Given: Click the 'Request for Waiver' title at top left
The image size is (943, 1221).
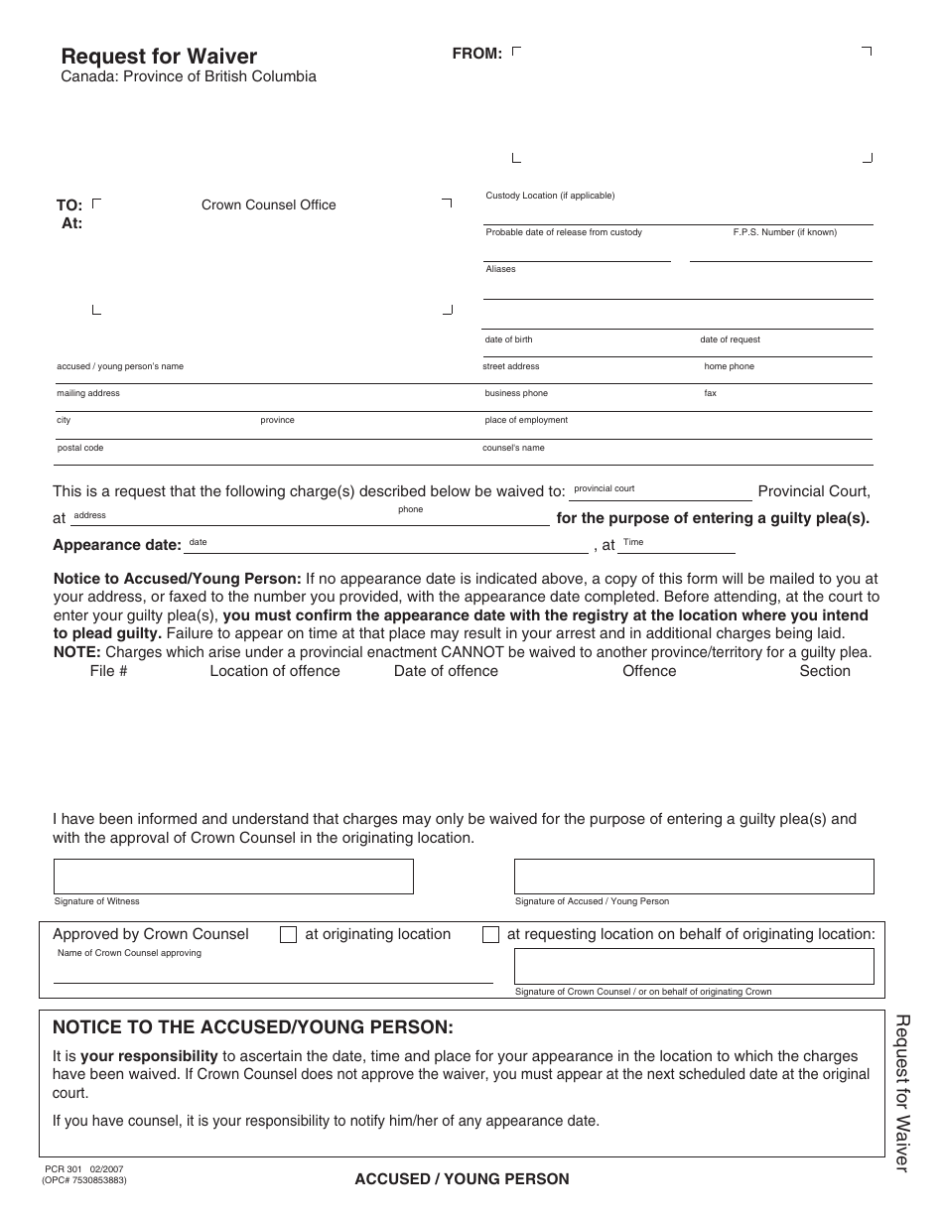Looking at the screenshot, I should (159, 57).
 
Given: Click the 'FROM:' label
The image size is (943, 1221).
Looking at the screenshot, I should (477, 54).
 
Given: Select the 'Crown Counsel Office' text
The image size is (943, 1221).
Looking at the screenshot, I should (269, 205).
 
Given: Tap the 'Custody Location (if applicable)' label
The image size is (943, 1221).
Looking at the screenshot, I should (550, 196).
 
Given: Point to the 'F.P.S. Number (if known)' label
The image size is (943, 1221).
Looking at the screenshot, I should (784, 232).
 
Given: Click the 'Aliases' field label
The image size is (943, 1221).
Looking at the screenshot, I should (500, 269).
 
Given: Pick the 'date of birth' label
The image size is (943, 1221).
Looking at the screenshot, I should (508, 339).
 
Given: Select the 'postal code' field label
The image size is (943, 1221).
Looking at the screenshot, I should (80, 448).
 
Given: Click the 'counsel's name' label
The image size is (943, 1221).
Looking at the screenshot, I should (513, 448).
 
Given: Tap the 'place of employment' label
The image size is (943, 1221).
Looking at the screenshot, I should (526, 420).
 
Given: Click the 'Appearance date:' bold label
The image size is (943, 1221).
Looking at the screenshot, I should (117, 545).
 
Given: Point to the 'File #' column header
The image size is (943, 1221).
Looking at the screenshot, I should (108, 671).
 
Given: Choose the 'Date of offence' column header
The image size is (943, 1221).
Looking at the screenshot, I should (446, 671).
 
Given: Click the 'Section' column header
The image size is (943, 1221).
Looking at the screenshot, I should (825, 671).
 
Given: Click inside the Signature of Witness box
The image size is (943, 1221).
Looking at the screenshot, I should (233, 877).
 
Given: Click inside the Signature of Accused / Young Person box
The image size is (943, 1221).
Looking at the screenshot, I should (694, 877).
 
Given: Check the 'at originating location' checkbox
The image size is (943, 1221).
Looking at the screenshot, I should (289, 935).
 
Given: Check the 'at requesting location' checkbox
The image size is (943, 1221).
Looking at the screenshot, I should (490, 935).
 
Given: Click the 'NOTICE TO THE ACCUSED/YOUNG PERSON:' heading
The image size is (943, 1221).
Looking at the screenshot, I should (252, 1026).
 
